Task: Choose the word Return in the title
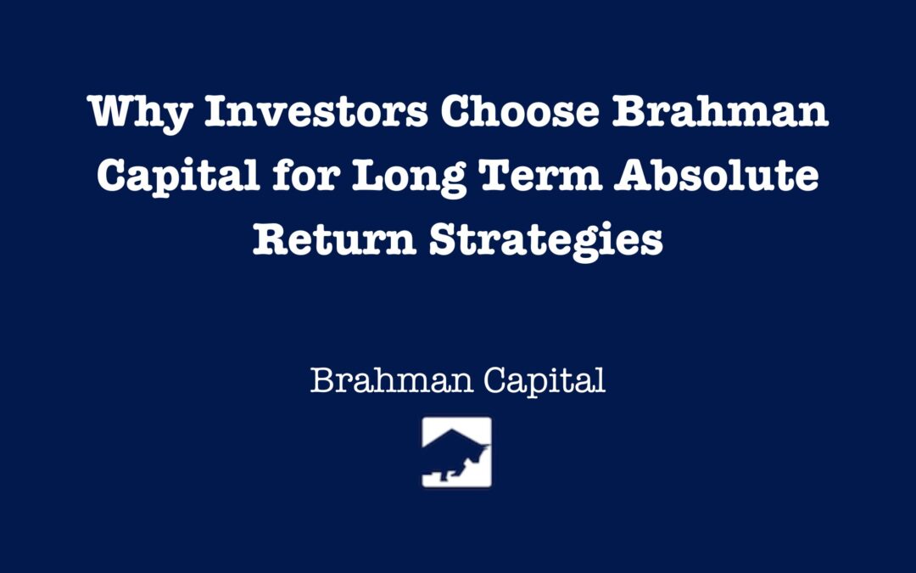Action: pyautogui.click(x=334, y=239)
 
